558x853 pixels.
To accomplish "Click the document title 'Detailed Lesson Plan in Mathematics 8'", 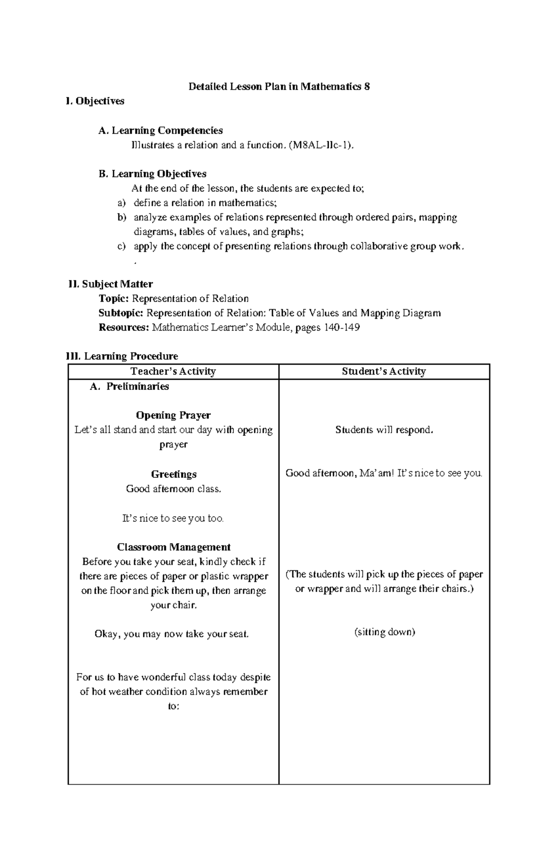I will (x=279, y=86).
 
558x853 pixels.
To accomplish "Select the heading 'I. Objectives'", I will (x=95, y=101).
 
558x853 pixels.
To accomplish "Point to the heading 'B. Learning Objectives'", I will (x=153, y=174).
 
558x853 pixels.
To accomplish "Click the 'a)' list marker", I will (x=121, y=203).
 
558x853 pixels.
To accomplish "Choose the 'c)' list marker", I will (x=121, y=246).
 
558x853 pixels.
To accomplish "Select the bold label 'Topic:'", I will (x=114, y=298).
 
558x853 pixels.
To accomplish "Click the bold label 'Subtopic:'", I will (x=121, y=313).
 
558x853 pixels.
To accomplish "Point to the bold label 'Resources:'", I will (x=124, y=328).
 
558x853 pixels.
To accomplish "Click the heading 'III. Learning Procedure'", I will (x=122, y=357).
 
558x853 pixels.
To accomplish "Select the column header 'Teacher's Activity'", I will (x=173, y=371).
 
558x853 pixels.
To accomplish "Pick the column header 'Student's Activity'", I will (x=384, y=371).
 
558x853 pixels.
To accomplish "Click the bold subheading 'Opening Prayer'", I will (x=173, y=415).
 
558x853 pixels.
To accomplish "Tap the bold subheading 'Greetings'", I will (x=173, y=474).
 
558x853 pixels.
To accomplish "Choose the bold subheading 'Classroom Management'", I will (x=173, y=547).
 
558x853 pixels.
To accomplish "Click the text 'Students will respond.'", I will (x=384, y=430).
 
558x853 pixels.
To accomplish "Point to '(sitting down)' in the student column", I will (x=384, y=632).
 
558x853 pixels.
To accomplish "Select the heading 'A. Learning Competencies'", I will (x=160, y=131).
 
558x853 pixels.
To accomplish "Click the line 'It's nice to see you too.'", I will (x=173, y=518).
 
